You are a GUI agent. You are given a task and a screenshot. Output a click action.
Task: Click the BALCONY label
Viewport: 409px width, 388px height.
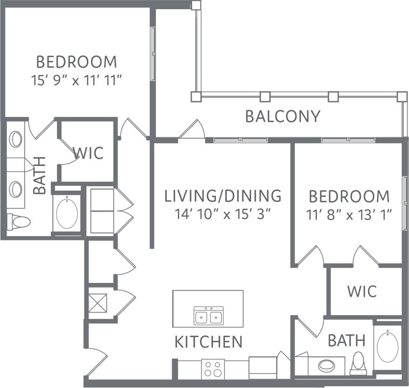(283, 117)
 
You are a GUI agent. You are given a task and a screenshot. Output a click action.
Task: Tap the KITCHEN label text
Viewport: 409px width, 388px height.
(208, 342)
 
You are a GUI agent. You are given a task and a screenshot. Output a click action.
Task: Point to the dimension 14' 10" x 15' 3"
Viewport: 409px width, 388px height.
(223, 214)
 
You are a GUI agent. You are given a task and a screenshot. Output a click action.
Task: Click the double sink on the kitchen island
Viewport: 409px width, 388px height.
(208, 316)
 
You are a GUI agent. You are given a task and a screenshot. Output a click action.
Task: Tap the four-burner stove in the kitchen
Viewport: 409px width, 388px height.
(212, 369)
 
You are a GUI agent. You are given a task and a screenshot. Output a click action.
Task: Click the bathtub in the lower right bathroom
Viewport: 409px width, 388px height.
(388, 347)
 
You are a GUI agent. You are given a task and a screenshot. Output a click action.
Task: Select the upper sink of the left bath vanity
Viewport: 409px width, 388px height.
(16, 139)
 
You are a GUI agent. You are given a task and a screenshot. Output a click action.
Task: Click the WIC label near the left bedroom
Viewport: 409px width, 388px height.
(88, 153)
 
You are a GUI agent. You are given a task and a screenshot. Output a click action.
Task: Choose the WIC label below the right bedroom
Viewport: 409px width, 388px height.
(362, 291)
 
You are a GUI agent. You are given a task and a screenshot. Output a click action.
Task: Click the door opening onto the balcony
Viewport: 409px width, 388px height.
(192, 131)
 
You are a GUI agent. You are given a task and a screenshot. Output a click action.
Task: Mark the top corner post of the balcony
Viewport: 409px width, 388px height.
(196, 5)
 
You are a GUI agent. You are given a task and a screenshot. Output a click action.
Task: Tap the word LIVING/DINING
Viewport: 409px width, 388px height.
(223, 196)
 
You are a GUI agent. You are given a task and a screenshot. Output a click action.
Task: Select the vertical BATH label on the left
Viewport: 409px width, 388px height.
(40, 176)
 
